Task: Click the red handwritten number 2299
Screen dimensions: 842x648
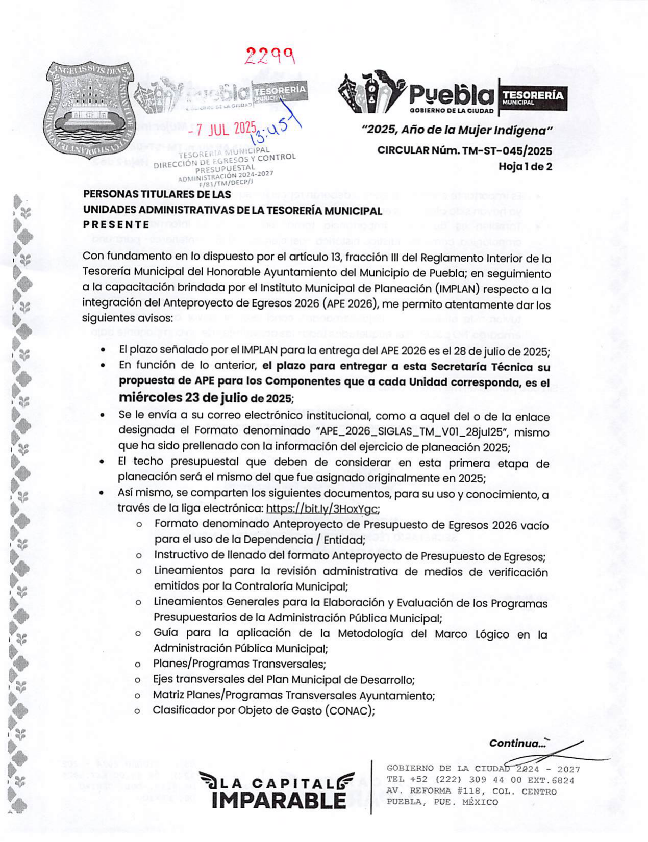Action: [270, 55]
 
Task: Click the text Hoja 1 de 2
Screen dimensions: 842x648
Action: [525, 166]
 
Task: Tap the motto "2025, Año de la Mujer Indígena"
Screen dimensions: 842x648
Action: [457, 131]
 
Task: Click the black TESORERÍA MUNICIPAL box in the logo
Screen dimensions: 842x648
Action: [532, 97]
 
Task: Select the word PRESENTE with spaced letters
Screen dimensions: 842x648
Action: [116, 225]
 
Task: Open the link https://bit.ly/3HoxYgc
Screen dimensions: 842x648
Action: [322, 508]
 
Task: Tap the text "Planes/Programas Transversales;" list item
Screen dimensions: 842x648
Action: [239, 664]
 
